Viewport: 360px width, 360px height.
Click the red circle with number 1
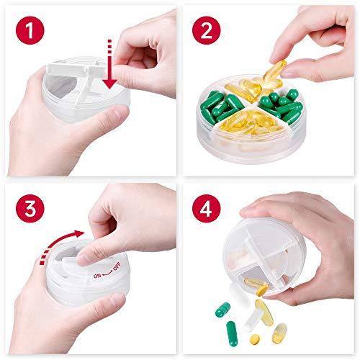(x=30, y=30)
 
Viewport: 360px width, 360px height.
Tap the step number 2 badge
(x=207, y=30)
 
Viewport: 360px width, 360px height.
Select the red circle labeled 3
(x=30, y=209)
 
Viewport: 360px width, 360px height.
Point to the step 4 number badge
(x=207, y=209)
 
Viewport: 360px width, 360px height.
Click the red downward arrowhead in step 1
(x=110, y=84)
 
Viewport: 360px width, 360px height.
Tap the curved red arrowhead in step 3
(x=79, y=234)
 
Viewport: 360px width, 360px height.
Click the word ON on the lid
(x=97, y=276)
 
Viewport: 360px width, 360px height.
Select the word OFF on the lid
(x=117, y=266)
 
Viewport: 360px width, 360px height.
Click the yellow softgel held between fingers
(x=275, y=71)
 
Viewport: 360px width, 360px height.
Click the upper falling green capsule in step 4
(x=222, y=310)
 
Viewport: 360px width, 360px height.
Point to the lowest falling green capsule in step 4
(x=233, y=334)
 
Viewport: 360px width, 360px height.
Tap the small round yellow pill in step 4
(x=255, y=339)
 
